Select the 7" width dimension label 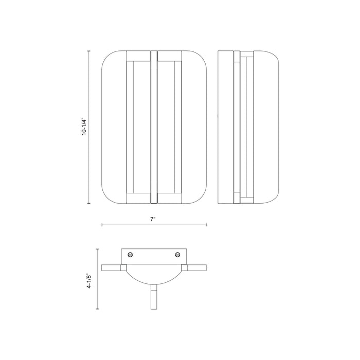pyautogui.click(x=153, y=220)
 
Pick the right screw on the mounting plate pyautogui.click(x=178, y=254)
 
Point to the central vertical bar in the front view pyautogui.click(x=153, y=126)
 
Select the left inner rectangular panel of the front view pyautogui.click(x=138, y=126)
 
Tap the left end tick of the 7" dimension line pyautogui.click(x=102, y=225)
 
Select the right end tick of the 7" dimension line pyautogui.click(x=206, y=225)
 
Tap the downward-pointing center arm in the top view pyautogui.click(x=154, y=298)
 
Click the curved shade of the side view pyautogui.click(x=267, y=126)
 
